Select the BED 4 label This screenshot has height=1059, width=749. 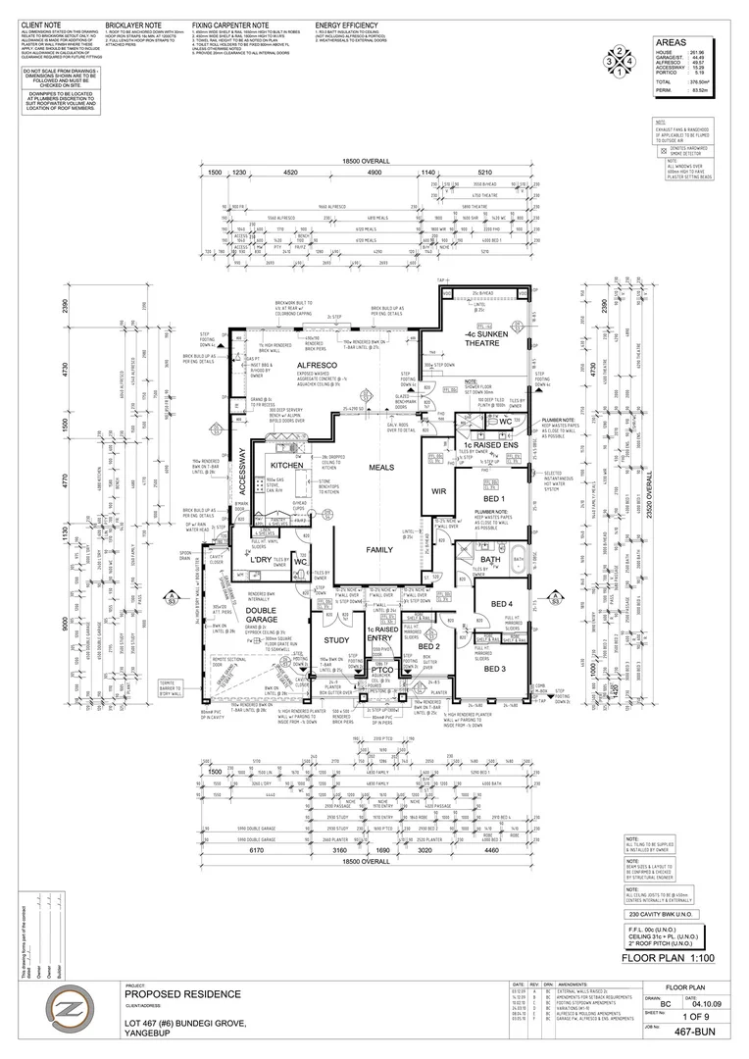click(500, 603)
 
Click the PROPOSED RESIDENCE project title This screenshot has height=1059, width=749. click(182, 994)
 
